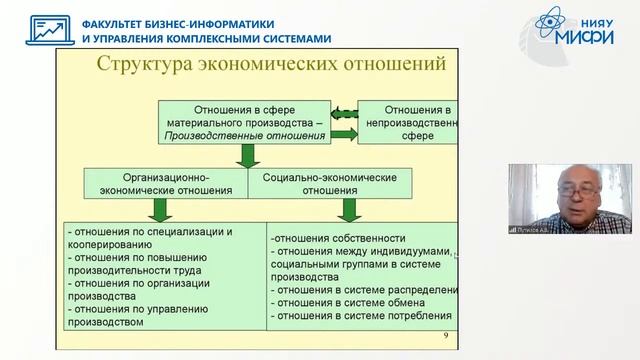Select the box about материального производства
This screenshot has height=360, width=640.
tap(242, 122)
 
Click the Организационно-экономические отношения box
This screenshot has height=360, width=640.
tap(167, 183)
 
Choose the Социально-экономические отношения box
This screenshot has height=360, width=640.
tap(329, 183)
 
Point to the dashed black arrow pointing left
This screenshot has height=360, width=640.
tap(343, 111)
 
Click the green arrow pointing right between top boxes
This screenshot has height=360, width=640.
tap(343, 132)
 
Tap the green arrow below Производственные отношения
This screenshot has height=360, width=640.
tap(247, 156)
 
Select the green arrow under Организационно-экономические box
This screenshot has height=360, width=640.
tap(158, 209)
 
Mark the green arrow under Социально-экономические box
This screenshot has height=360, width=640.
tap(349, 209)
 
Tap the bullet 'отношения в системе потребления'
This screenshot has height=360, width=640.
tap(360, 318)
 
